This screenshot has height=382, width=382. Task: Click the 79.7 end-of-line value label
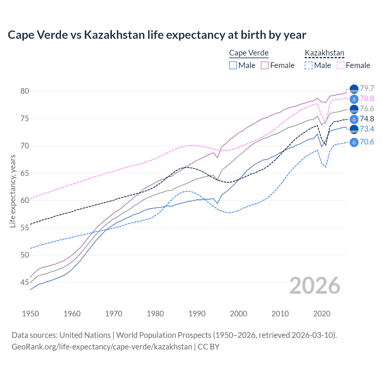367,88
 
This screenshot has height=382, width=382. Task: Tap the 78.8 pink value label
367,98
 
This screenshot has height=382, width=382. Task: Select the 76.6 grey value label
367,109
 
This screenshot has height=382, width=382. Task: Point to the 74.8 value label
367,119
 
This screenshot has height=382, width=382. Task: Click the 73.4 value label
367,129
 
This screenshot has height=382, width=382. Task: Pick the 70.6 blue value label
367,142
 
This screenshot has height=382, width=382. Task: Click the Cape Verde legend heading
249,53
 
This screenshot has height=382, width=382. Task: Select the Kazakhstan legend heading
324,53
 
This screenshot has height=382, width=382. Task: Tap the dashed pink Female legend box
341,65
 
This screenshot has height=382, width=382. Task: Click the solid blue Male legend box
233,65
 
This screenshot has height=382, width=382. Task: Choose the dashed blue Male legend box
309,65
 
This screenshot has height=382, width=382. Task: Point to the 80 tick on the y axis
25,91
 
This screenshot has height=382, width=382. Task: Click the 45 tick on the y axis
25,282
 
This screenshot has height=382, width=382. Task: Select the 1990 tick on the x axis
197,314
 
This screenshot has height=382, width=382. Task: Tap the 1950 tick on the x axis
30,314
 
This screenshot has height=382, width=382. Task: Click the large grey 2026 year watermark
315,286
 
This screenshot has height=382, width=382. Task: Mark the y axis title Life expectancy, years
13,191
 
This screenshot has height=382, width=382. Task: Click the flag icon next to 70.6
354,142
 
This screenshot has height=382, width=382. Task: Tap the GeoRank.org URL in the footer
102,347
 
